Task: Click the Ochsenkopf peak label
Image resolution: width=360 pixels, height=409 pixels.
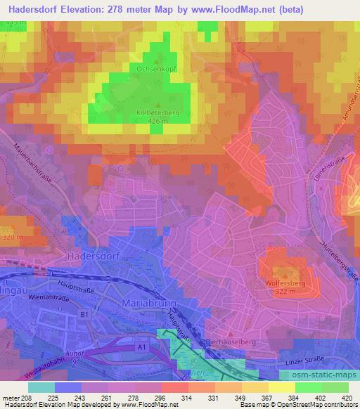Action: [x=156, y=70]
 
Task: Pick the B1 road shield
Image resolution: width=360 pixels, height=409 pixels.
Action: [x=84, y=315]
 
